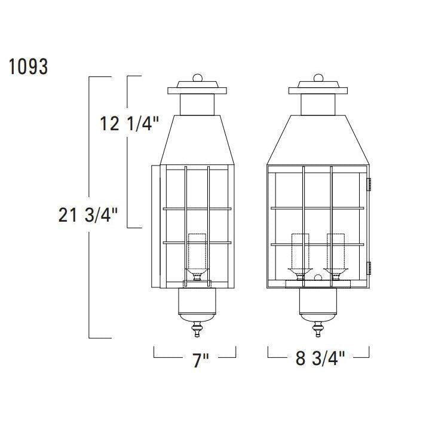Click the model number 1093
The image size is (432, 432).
29,66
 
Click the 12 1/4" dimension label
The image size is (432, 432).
129,124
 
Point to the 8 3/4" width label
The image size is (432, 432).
321,359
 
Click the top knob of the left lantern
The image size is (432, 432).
198,78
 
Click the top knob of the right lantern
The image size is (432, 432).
318,78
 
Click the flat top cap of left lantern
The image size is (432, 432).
198,91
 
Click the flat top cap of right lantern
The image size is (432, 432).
318,91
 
